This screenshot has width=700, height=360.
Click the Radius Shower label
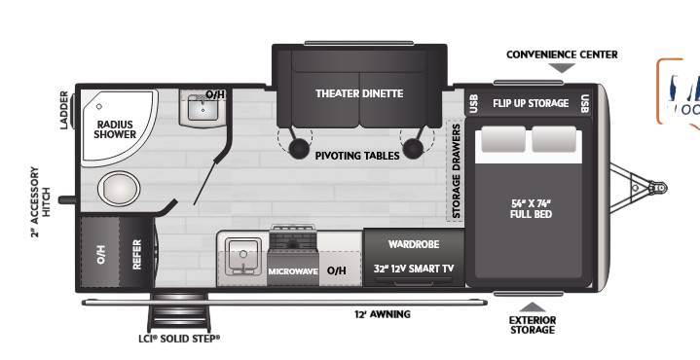pyautogui.click(x=115, y=128)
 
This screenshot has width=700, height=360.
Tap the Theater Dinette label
pyautogui.click(x=358, y=93)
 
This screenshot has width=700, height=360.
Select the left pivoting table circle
pyautogui.click(x=299, y=148)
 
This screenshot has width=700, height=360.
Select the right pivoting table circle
pyautogui.click(x=415, y=148)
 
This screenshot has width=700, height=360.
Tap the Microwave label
pyautogui.click(x=293, y=270)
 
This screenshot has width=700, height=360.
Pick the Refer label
pyautogui.click(x=136, y=256)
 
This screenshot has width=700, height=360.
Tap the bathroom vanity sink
pyautogui.click(x=206, y=110)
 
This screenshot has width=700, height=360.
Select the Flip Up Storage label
pyautogui.click(x=530, y=103)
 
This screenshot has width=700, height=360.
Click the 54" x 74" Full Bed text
pyautogui.click(x=531, y=208)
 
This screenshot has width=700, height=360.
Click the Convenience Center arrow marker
pyautogui.click(x=562, y=68)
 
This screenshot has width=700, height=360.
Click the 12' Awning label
pyautogui.click(x=382, y=314)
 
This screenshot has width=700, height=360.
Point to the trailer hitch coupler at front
pyautogui.click(x=659, y=187)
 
